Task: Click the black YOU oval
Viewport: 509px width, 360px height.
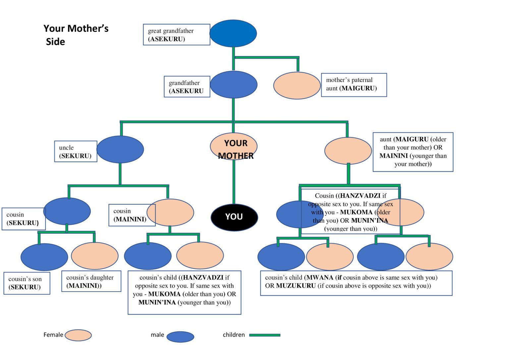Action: point(234,217)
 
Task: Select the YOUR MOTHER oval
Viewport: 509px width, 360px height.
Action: point(234,147)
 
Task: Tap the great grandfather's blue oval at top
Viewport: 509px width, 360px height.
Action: point(233,33)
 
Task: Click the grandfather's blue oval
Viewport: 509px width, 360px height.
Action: point(234,85)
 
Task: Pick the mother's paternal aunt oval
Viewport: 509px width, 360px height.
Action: point(297,86)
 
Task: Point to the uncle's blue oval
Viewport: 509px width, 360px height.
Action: point(120,149)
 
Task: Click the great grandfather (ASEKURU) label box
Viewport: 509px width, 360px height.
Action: point(176,34)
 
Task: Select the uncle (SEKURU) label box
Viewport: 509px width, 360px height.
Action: point(76,151)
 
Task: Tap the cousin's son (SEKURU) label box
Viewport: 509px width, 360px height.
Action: point(27,283)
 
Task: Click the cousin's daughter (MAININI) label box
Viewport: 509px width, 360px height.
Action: point(91,281)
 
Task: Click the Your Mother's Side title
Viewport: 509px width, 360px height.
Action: point(76,35)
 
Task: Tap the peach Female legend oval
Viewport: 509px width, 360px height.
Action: point(78,335)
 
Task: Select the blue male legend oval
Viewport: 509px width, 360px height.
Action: point(180,336)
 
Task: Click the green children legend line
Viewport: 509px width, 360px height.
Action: point(264,335)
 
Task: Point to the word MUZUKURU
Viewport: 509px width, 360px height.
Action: point(296,286)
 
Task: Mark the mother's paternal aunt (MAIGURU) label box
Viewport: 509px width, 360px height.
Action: point(354,85)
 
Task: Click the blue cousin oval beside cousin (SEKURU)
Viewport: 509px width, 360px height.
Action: point(67,211)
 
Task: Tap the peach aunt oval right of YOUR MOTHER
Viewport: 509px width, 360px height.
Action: point(348,151)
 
